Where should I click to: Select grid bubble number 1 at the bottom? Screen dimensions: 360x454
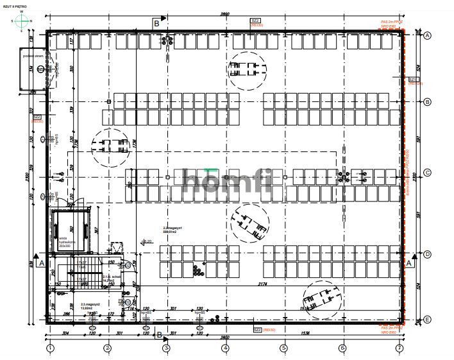[x=49, y=350]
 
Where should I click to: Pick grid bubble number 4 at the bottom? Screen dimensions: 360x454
[x=225, y=350]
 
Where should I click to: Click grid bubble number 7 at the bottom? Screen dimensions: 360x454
[x=399, y=350]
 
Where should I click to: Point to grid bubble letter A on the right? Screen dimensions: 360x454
[x=427, y=35]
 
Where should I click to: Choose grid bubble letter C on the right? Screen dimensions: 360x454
[x=427, y=173]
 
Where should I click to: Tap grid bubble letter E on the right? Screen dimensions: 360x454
[x=427, y=319]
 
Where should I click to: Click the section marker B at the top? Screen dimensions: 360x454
[x=156, y=23]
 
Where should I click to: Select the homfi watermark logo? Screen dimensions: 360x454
[x=227, y=181]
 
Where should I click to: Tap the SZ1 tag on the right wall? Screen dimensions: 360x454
[x=414, y=80]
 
